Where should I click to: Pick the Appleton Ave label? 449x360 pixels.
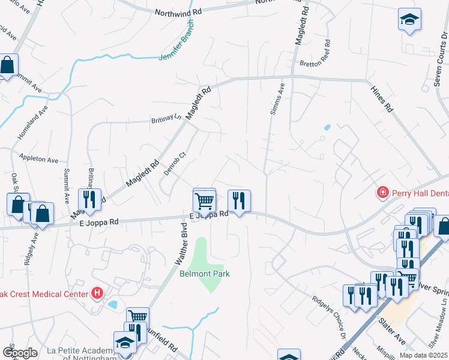click(x=38, y=160)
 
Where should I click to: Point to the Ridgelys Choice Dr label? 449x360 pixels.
click(x=330, y=316)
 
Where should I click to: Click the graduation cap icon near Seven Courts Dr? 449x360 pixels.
click(x=409, y=19)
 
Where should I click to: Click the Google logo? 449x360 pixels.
click(x=19, y=353)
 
